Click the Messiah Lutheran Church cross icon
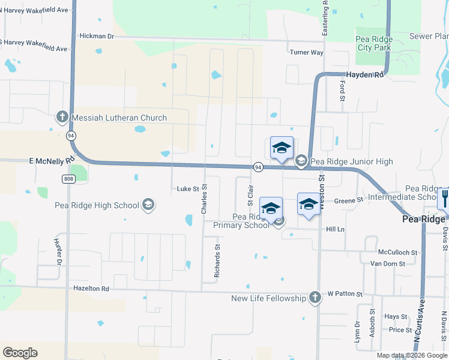pos(62,118)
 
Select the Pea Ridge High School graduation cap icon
pos(148,206)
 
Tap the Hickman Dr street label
pos(97,37)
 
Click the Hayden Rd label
pos(362,75)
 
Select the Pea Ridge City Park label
pos(374,43)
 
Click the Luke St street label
pos(187,189)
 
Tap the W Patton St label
pos(345,295)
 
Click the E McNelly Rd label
pos(51,161)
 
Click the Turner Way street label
pos(306,52)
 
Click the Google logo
pos(20,352)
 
